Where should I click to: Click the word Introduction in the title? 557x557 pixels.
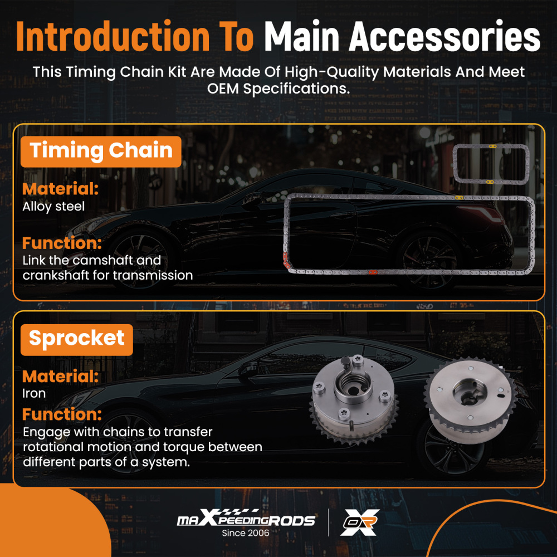[x=113, y=36]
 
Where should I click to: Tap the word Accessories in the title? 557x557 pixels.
[x=444, y=36]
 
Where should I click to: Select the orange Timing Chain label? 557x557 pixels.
[x=101, y=152]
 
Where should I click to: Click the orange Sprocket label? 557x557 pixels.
[x=77, y=339]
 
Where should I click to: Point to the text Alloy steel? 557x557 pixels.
[x=53, y=207]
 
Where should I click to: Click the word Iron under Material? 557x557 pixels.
[x=34, y=394]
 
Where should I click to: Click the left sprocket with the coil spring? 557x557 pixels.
[x=354, y=399]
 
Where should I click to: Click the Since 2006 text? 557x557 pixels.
[x=246, y=533]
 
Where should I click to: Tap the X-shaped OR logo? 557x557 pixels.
[x=360, y=522]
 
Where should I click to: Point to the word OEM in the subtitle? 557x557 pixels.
[x=223, y=89]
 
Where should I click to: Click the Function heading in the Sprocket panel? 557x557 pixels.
[x=62, y=414]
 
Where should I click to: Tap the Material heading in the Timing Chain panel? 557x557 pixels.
[x=60, y=189]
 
